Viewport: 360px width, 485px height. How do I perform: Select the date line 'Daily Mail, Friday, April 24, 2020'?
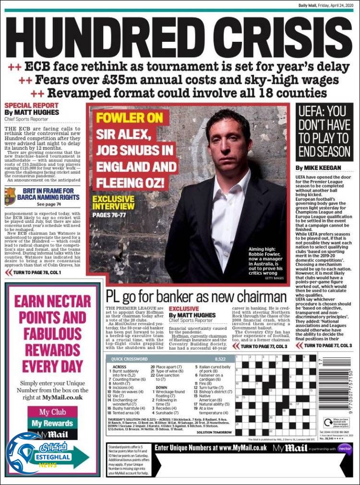(324, 5)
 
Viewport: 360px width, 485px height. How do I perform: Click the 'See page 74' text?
(49, 204)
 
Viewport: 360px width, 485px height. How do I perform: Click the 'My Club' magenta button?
(52, 412)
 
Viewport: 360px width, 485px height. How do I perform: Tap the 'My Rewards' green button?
(52, 423)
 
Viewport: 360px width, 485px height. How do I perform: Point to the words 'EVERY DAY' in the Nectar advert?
(52, 366)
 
